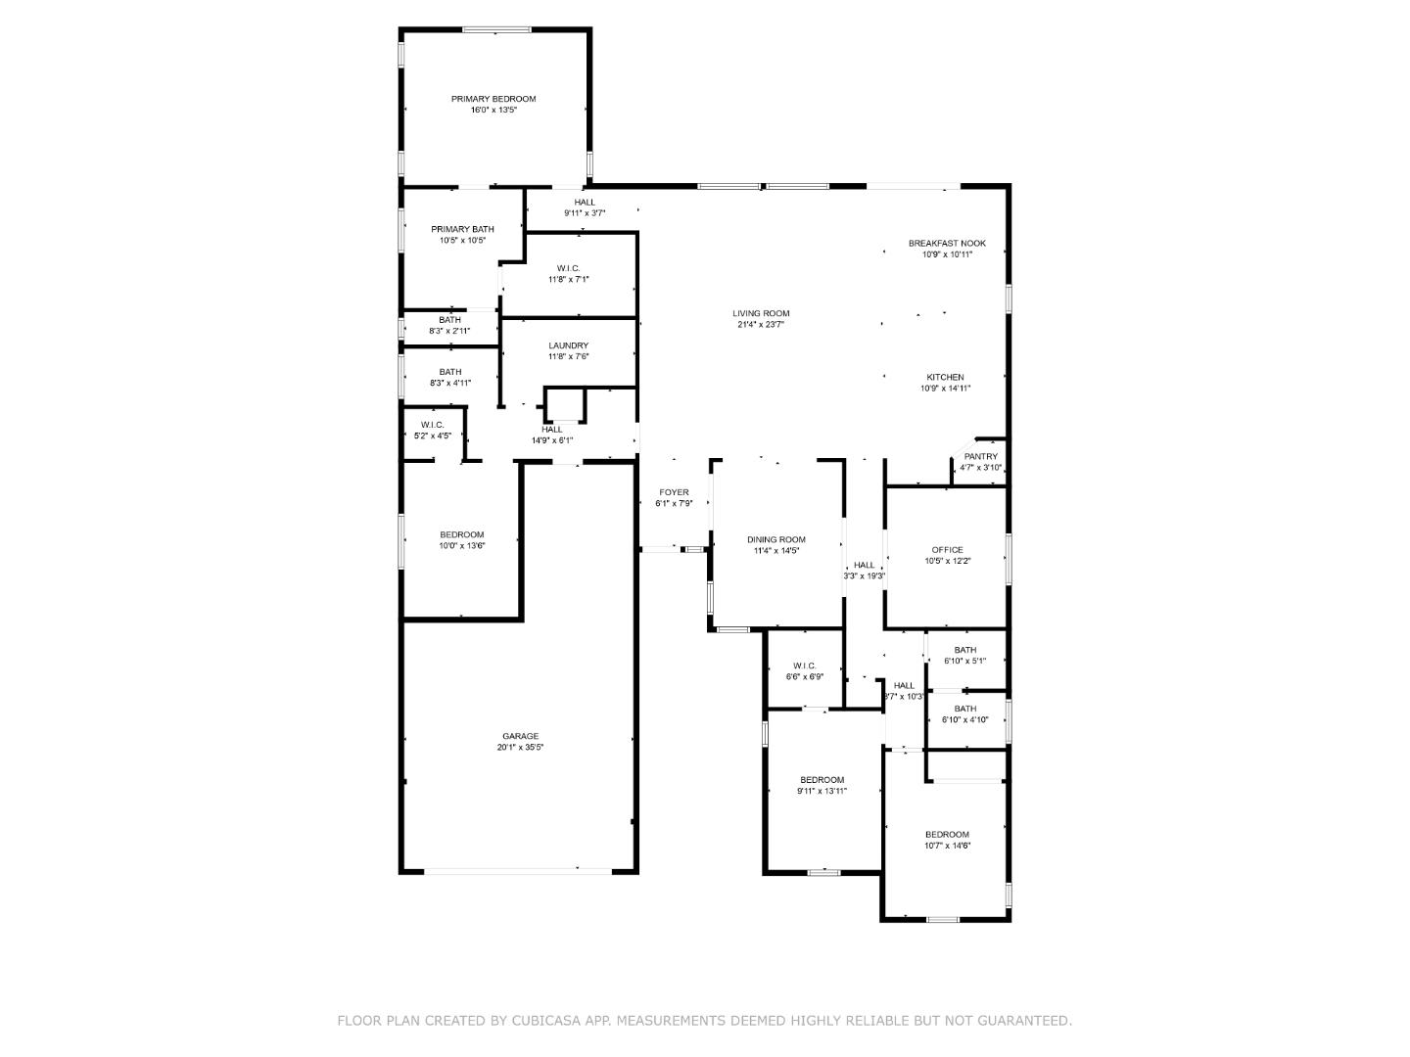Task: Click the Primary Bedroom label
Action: coord(493,99)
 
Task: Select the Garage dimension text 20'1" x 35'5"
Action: coord(520,748)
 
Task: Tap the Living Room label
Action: coord(761,313)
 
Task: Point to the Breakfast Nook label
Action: coord(946,243)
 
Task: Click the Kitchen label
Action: coord(945,377)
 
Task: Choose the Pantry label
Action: coord(980,456)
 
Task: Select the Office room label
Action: coord(947,550)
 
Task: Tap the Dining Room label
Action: coord(775,539)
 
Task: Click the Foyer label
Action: coord(674,492)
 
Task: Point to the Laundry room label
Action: coord(568,345)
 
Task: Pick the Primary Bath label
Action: coord(462,229)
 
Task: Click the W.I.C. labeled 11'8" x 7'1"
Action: coord(568,268)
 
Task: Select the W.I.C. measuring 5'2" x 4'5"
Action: coord(432,425)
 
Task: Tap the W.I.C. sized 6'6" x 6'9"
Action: coord(804,666)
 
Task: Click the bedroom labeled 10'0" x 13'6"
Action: coord(461,534)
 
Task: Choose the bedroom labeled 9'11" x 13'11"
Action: coord(822,780)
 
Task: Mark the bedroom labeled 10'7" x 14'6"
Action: coord(947,835)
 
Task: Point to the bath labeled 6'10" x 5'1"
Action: coord(964,650)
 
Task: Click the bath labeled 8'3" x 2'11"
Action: coord(449,320)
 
